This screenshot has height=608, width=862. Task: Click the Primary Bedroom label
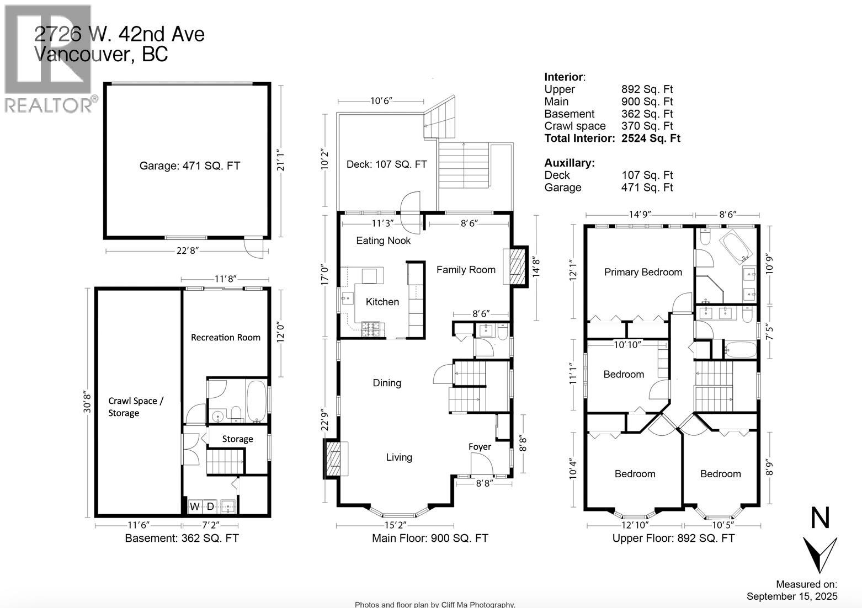[643, 272]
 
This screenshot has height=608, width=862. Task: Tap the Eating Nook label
[383, 241]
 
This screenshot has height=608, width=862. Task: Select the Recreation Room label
[225, 337]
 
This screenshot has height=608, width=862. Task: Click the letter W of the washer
[195, 506]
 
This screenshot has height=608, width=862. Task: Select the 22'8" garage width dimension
[187, 251]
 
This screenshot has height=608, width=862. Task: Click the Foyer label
[480, 446]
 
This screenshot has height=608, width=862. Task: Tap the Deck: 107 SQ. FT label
[386, 164]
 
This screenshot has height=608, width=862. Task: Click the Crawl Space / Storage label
[135, 407]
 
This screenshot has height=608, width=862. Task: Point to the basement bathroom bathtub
[256, 401]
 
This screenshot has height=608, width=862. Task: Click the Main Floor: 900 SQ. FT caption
[430, 538]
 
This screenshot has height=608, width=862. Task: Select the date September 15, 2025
[791, 596]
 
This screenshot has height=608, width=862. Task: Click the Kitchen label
[382, 302]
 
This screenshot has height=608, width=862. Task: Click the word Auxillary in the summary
[569, 163]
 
